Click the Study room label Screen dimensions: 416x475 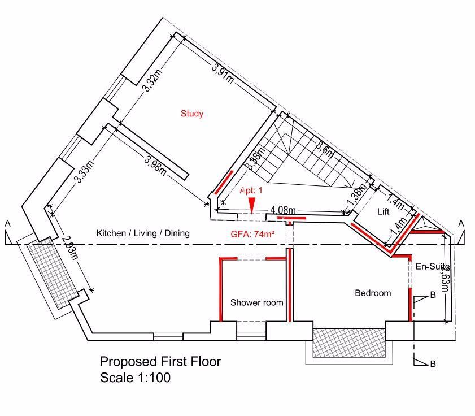point(192,114)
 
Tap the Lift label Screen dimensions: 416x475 point(384,212)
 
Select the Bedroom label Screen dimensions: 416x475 point(373,293)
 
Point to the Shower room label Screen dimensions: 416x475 point(256,302)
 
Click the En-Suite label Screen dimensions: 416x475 point(433,266)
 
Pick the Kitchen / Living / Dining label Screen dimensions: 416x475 point(143,233)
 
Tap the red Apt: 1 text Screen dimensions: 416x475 point(251,190)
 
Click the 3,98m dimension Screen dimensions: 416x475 point(155,166)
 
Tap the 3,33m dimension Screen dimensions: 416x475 point(82,173)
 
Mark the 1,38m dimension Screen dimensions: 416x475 point(354,198)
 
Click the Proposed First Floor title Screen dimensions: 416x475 point(160,361)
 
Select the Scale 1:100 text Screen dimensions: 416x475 point(135,377)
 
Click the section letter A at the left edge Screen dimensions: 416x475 point(8,224)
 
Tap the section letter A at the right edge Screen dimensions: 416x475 point(461,223)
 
